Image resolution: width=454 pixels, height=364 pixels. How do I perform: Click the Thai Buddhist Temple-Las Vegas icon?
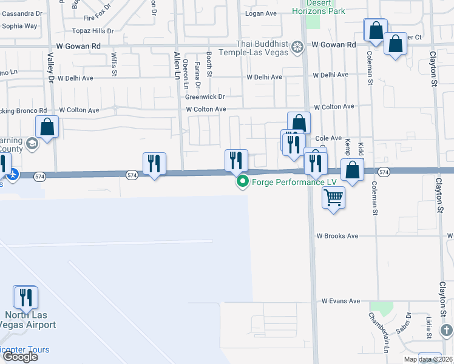(x=297, y=46)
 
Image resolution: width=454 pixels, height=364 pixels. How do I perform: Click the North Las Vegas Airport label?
(x=30, y=320)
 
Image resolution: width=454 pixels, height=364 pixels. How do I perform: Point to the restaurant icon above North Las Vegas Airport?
(x=26, y=297)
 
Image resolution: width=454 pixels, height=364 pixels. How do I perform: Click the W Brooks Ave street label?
(x=337, y=236)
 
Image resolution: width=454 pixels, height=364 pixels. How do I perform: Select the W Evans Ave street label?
(x=341, y=301)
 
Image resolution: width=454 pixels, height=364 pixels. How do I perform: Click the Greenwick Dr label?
(x=205, y=96)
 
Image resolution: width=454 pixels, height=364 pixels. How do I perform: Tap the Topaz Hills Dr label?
(x=93, y=30)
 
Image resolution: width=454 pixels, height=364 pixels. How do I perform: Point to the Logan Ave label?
(x=260, y=13)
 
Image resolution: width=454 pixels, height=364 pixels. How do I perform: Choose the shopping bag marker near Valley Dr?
(x=48, y=127)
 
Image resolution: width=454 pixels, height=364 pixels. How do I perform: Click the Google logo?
(x=19, y=357)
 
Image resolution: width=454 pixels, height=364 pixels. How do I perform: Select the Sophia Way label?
(x=19, y=26)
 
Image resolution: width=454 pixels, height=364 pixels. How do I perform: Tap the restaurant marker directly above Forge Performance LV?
(x=236, y=161)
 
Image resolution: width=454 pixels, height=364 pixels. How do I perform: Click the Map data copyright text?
(x=429, y=359)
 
